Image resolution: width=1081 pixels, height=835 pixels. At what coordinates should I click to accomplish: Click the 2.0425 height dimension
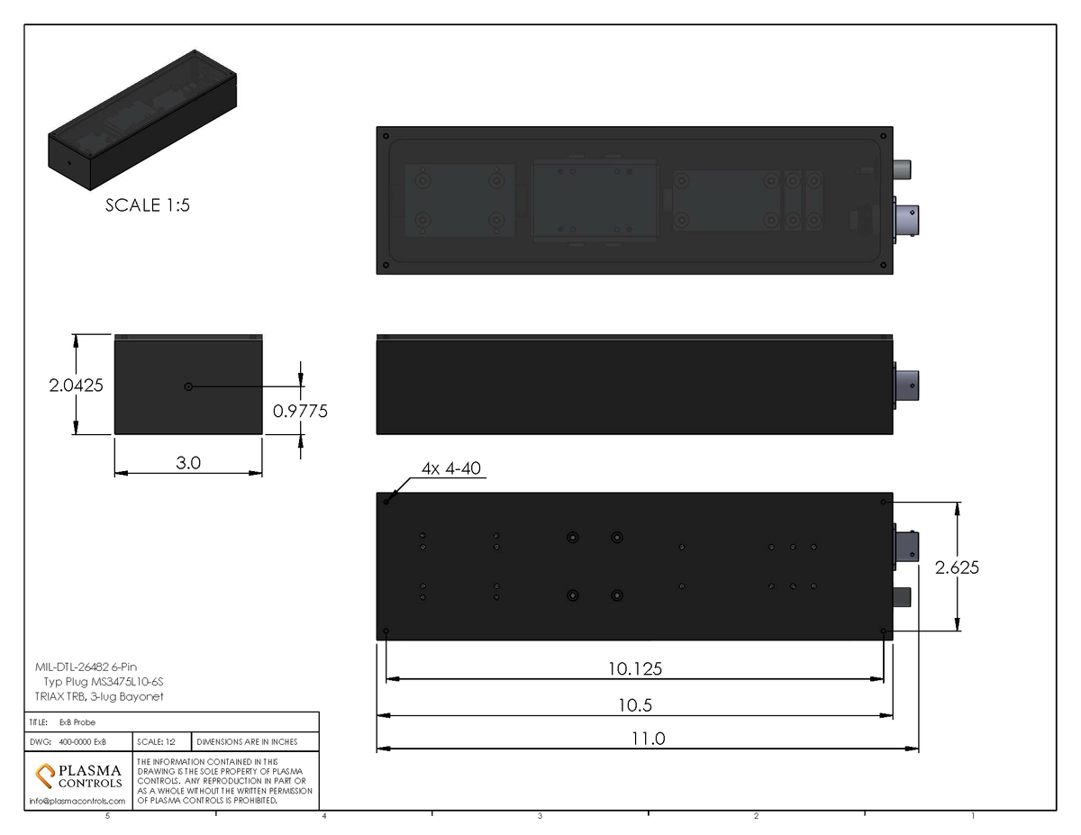76,385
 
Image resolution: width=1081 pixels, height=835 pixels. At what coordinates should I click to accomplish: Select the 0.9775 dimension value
299,411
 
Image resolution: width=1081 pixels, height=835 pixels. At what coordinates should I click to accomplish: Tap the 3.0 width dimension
187,463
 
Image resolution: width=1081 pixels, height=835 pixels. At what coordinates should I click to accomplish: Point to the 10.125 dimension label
633,669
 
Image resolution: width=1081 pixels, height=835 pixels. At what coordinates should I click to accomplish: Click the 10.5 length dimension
633,704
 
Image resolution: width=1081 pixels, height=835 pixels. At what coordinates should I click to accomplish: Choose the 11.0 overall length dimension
647,739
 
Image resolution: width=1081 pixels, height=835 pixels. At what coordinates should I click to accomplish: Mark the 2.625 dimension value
957,567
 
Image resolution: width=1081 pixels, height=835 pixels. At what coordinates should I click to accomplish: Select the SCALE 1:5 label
148,205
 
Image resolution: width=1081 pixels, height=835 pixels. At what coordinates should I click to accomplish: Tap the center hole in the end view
187,386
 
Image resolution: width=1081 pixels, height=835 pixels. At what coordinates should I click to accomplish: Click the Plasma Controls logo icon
44,775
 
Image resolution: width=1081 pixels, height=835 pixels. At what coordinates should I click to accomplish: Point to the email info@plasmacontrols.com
77,801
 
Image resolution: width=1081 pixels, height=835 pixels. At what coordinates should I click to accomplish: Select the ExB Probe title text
77,722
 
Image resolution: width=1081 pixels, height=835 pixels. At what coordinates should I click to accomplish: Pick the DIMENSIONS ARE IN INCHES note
246,742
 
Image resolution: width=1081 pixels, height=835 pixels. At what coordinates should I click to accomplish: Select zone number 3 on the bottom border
540,816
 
